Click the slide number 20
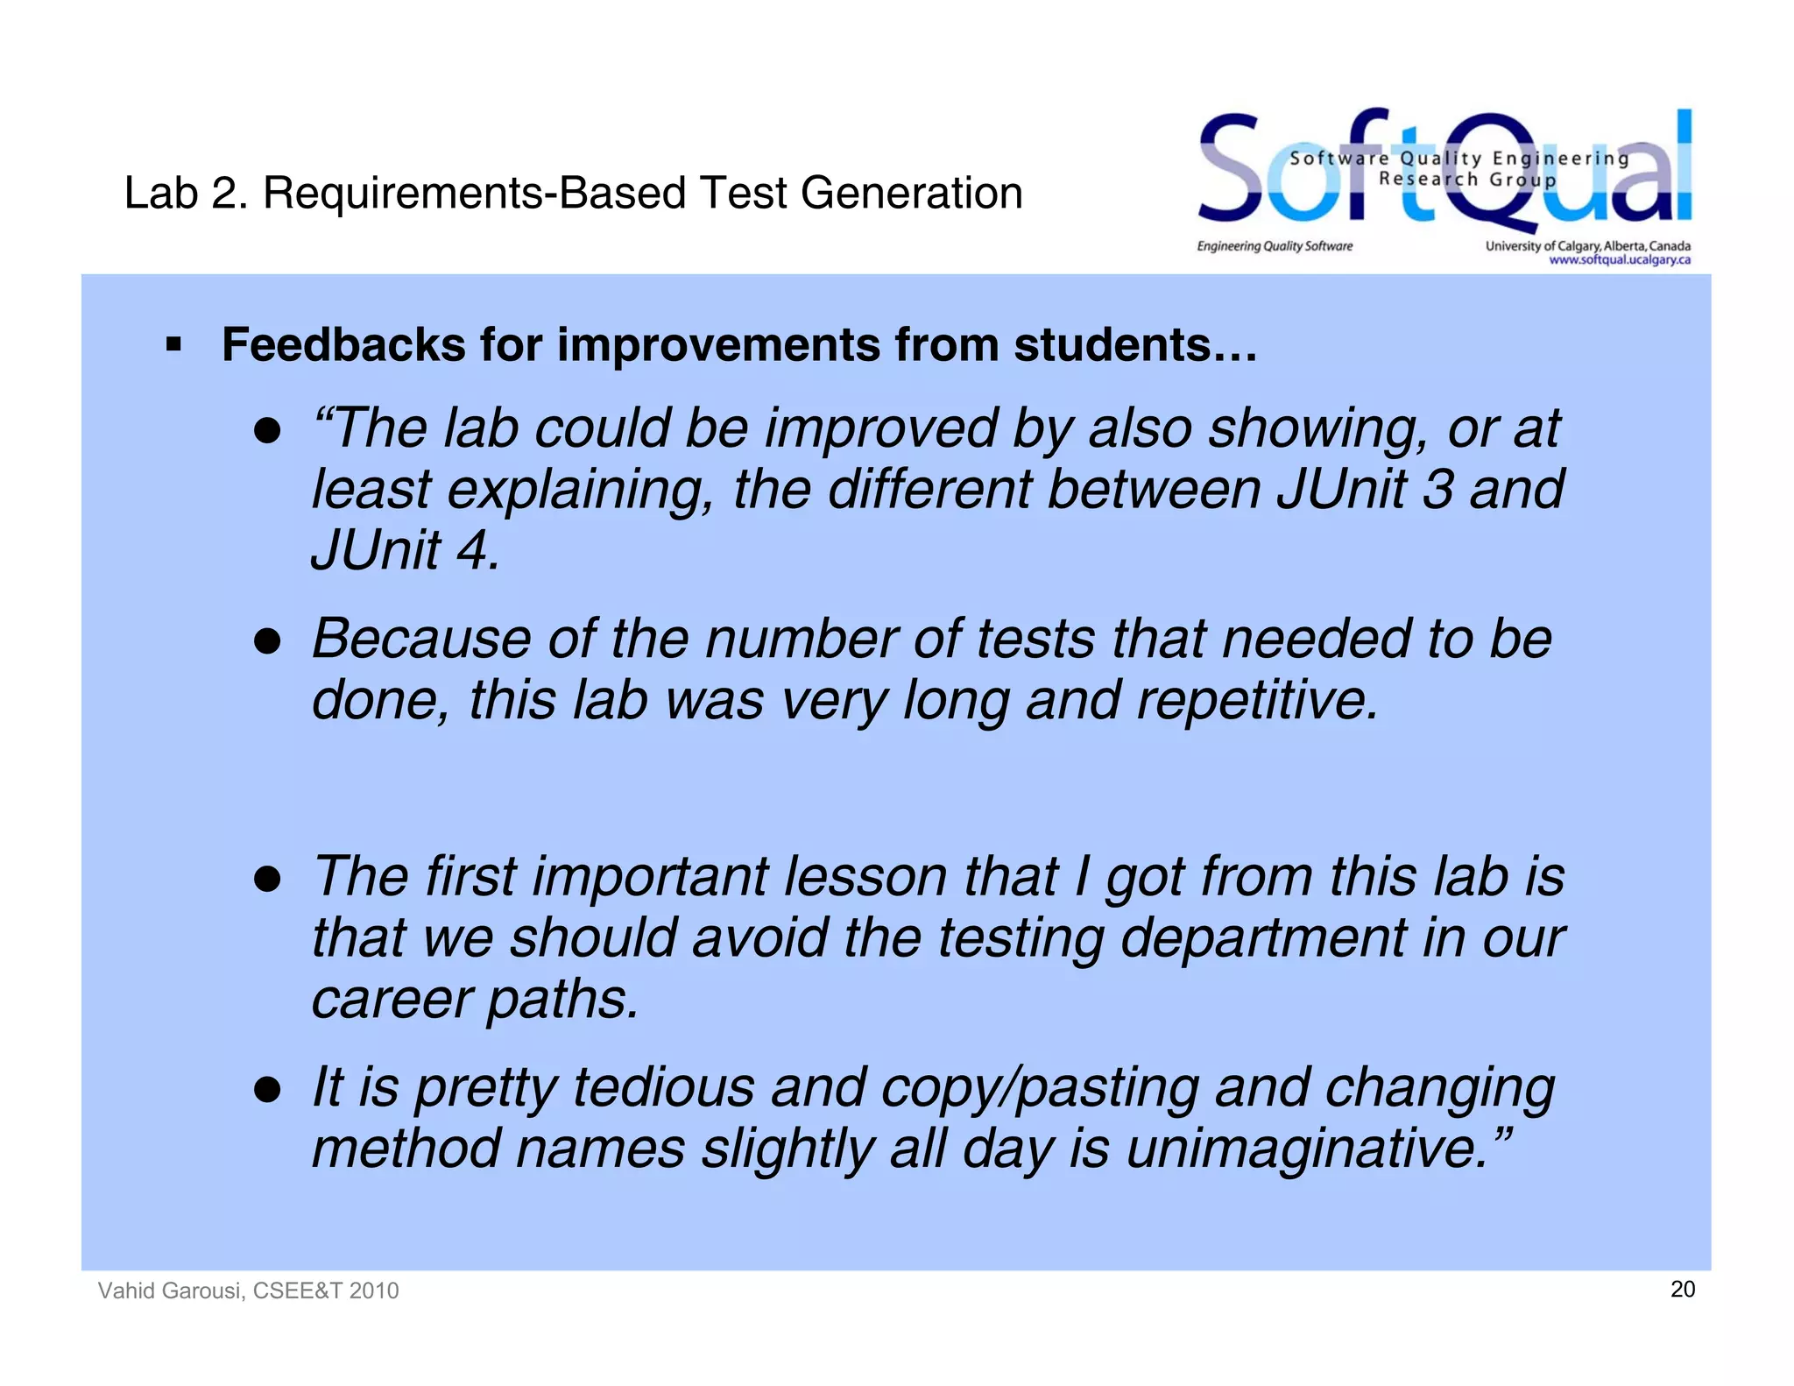pyautogui.click(x=1682, y=1289)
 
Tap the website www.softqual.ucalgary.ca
pyautogui.click(x=1619, y=260)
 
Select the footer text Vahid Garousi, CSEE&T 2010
pyautogui.click(x=248, y=1291)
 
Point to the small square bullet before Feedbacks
pyautogui.click(x=173, y=344)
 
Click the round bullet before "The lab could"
pyautogui.click(x=266, y=431)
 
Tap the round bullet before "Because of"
pyautogui.click(x=266, y=641)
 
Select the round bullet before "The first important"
pyautogui.click(x=266, y=879)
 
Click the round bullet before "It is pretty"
pyautogui.click(x=266, y=1090)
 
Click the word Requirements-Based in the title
pyautogui.click(x=474, y=193)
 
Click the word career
pyautogui.click(x=390, y=1000)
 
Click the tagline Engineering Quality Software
pyautogui.click(x=1275, y=246)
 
